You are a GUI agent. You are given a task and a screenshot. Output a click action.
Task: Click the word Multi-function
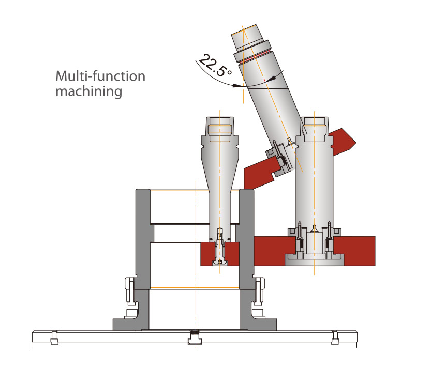(x=100, y=77)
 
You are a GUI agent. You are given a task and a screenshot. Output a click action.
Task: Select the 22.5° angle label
(x=215, y=65)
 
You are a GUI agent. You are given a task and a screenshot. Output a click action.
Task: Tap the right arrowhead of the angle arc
(x=273, y=76)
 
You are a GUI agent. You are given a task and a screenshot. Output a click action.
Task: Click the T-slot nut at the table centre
(x=194, y=339)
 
